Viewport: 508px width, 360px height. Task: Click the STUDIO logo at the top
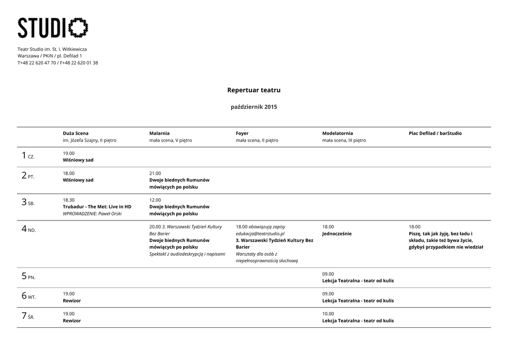pos(53,28)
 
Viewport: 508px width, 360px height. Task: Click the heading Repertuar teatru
pos(254,90)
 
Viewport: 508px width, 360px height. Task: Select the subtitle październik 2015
pos(254,107)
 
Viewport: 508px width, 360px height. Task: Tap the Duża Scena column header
pos(75,133)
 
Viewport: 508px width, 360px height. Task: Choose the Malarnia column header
pos(159,133)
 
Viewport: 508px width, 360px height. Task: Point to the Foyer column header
pos(242,133)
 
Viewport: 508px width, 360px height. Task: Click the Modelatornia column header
pos(337,133)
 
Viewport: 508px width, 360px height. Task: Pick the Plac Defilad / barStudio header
pos(435,133)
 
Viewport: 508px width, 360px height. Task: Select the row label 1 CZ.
pos(28,156)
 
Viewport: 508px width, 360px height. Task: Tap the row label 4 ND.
pos(28,229)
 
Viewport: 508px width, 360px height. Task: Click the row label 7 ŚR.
pos(28,316)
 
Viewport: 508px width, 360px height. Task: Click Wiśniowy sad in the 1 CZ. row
pos(78,160)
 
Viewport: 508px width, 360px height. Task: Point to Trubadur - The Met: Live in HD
pos(97,207)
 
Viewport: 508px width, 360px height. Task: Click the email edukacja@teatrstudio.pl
pos(260,233)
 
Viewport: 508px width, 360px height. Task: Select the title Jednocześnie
pos(337,233)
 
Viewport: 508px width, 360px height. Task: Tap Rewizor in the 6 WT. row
pos(71,300)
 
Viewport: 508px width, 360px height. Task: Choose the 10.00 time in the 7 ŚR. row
pos(328,314)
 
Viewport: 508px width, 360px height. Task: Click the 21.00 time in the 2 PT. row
pos(155,173)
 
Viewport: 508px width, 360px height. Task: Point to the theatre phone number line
pos(58,63)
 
